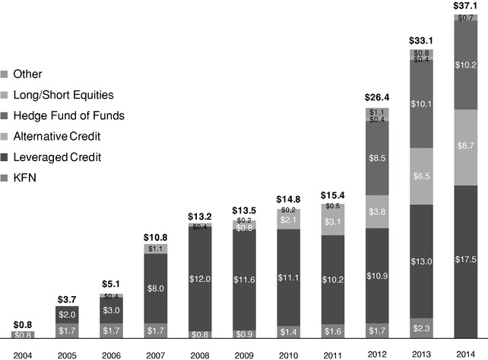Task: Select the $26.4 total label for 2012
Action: coord(377,97)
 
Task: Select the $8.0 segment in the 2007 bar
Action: coord(155,288)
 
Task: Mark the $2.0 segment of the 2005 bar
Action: coord(67,314)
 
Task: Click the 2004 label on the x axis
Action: coord(22,352)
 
